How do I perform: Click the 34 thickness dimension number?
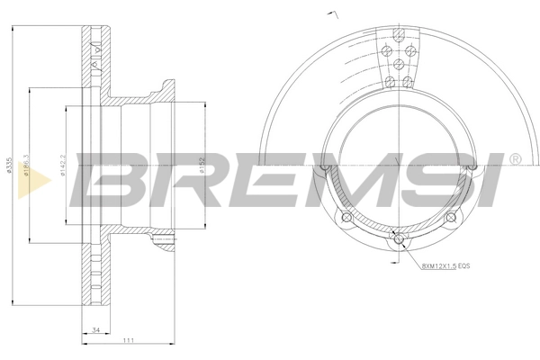click(x=95, y=330)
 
